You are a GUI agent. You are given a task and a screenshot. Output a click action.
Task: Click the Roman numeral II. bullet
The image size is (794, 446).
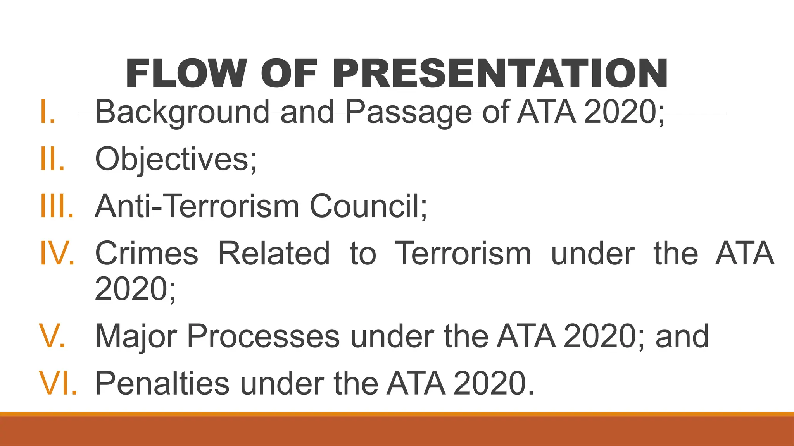coord(52,159)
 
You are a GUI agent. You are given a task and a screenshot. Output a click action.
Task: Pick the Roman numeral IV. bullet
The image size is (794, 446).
coord(57,253)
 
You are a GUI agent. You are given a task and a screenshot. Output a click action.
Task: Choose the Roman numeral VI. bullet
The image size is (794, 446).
coord(58,383)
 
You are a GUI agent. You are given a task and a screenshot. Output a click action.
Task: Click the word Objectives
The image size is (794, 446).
coord(175,159)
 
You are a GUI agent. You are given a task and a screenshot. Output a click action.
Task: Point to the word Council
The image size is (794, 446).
coord(368,206)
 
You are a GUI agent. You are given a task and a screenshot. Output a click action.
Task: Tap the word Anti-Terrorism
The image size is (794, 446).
coord(197,206)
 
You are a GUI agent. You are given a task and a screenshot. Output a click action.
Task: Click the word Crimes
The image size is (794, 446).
coord(147,253)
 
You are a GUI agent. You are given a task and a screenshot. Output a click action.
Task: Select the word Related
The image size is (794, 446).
coord(274,253)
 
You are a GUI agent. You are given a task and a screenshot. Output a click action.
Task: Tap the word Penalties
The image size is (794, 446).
coord(162,383)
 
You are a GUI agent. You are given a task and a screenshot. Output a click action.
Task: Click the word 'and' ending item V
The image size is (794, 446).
coord(682,336)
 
